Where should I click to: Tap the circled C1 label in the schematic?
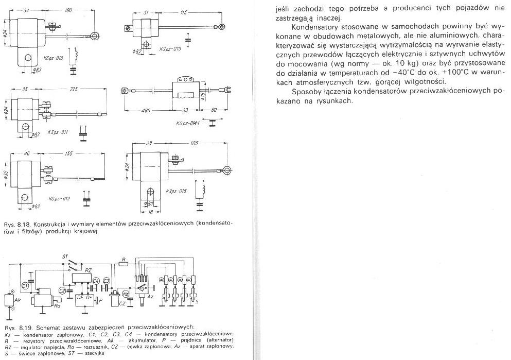tap(25, 285)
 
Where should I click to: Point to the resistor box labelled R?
tap(122, 264)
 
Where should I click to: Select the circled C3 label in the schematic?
tap(106, 280)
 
